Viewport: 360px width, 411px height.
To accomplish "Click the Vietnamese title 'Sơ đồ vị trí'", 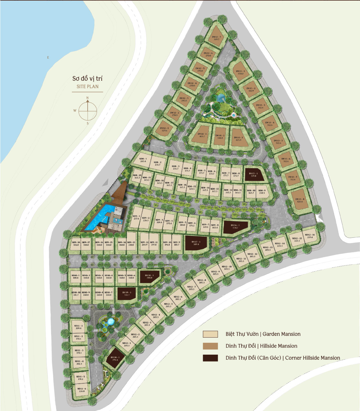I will [87, 79].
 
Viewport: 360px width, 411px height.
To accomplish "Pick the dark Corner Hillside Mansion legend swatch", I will [210, 358].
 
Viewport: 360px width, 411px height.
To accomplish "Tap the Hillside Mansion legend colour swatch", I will [210, 346].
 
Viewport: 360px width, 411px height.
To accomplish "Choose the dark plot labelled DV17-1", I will [196, 243].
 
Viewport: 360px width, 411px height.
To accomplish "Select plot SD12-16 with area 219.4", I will [310, 236].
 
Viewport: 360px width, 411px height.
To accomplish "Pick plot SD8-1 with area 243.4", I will [143, 159].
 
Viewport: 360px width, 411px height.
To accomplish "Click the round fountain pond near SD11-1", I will [110, 322].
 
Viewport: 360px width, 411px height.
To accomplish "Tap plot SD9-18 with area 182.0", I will [76, 243].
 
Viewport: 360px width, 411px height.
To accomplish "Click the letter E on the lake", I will [48, 58].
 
